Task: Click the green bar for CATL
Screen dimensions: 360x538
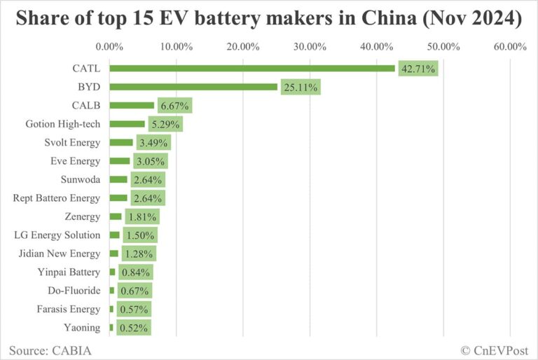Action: coord(252,69)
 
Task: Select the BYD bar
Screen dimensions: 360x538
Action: coord(193,87)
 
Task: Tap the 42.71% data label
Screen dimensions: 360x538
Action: coord(419,69)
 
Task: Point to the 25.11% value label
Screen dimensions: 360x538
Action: coord(301,88)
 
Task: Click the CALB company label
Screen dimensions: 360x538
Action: coord(86,106)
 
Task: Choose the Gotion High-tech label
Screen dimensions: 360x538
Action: coord(63,124)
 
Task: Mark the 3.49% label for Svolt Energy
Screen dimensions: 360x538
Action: coord(153,143)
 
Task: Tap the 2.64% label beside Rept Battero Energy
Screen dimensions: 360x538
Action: coord(148,198)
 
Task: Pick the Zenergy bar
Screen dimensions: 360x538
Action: coord(116,216)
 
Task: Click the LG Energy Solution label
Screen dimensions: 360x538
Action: coord(57,235)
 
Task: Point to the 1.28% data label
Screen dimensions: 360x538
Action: coord(139,254)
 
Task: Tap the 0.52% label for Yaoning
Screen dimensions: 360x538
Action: coord(133,327)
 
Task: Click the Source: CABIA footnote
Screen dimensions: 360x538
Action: coord(50,349)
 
